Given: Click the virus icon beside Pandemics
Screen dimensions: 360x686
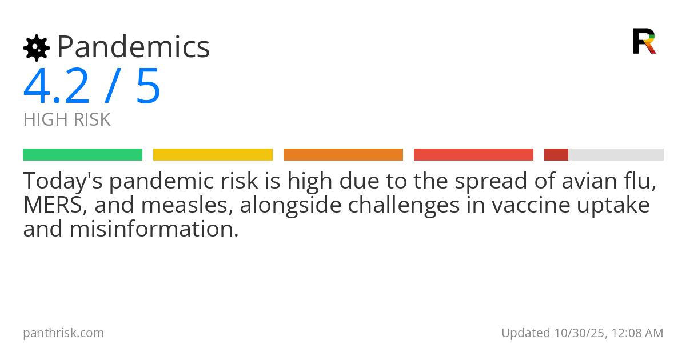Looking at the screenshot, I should click(37, 48).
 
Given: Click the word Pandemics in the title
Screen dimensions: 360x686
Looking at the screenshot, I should click(134, 47).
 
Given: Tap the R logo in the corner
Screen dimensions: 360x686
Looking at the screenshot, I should click(644, 41).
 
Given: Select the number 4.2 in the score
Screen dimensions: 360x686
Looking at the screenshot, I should click(56, 86).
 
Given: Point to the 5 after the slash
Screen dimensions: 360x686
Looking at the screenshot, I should click(148, 86).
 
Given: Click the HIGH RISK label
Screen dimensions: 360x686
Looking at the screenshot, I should click(67, 119).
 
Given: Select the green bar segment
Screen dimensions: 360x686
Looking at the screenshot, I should click(82, 154).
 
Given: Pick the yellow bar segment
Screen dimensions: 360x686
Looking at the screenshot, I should click(213, 154).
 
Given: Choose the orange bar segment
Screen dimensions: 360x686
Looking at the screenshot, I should click(343, 154).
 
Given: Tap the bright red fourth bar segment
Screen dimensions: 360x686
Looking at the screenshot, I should click(473, 154).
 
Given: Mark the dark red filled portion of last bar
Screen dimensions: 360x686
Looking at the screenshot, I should click(556, 154).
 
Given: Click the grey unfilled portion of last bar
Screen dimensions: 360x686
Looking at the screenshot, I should click(616, 154).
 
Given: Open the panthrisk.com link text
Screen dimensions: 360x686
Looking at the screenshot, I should click(63, 333).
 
